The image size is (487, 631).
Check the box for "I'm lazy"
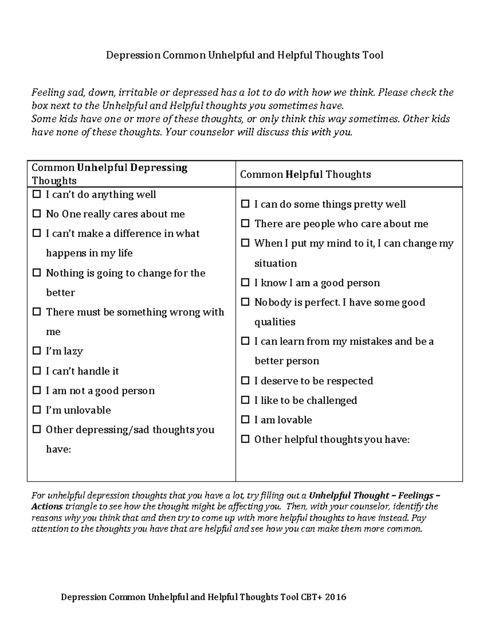point(37,351)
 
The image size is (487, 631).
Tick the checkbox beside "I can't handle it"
point(37,371)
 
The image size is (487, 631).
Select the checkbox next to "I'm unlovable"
point(37,410)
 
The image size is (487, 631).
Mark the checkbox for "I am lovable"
point(245,419)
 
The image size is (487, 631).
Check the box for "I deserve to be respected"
point(245,380)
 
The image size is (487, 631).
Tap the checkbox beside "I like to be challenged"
point(245,400)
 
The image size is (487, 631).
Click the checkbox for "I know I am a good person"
point(245,282)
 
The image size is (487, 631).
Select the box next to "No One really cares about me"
point(37,214)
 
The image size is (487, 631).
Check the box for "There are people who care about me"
point(245,223)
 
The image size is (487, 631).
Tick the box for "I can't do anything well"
point(37,194)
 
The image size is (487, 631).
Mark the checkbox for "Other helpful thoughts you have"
point(245,439)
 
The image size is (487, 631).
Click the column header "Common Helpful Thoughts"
point(305,174)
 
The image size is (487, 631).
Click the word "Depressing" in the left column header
point(159,168)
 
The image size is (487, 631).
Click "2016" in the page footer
point(335,597)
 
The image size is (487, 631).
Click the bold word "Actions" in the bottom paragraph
point(47,506)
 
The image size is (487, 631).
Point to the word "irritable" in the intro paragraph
point(138,92)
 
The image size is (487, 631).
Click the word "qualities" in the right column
point(275,322)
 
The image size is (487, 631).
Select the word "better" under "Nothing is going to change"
point(60,293)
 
